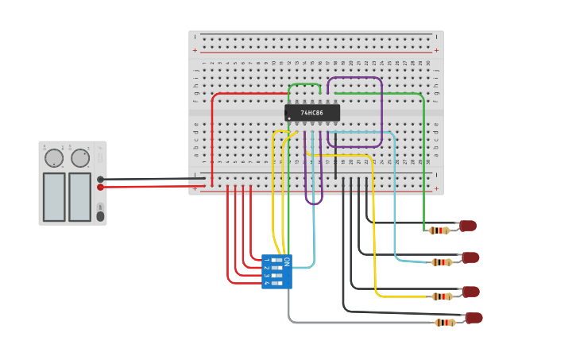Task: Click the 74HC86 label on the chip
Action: tap(311, 113)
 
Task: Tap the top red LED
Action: tap(468, 226)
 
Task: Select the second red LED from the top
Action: tap(470, 257)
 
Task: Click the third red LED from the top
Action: tap(470, 292)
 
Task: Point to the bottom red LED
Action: tap(474, 318)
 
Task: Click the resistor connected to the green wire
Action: tap(439, 230)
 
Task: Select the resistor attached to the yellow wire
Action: tap(442, 296)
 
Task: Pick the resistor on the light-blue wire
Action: tap(441, 262)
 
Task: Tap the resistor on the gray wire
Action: tap(445, 323)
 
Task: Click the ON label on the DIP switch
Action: tap(286, 261)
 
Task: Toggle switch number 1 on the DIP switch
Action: tap(276, 260)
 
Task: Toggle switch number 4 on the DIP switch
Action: tap(276, 283)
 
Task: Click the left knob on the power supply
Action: tap(54, 158)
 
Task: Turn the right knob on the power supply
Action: tap(80, 158)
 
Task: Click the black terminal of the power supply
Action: tap(100, 180)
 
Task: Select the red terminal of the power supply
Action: tap(100, 188)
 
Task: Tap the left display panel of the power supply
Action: tap(54, 197)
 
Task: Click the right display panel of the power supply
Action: tap(79, 197)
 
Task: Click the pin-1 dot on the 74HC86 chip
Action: tap(290, 118)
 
